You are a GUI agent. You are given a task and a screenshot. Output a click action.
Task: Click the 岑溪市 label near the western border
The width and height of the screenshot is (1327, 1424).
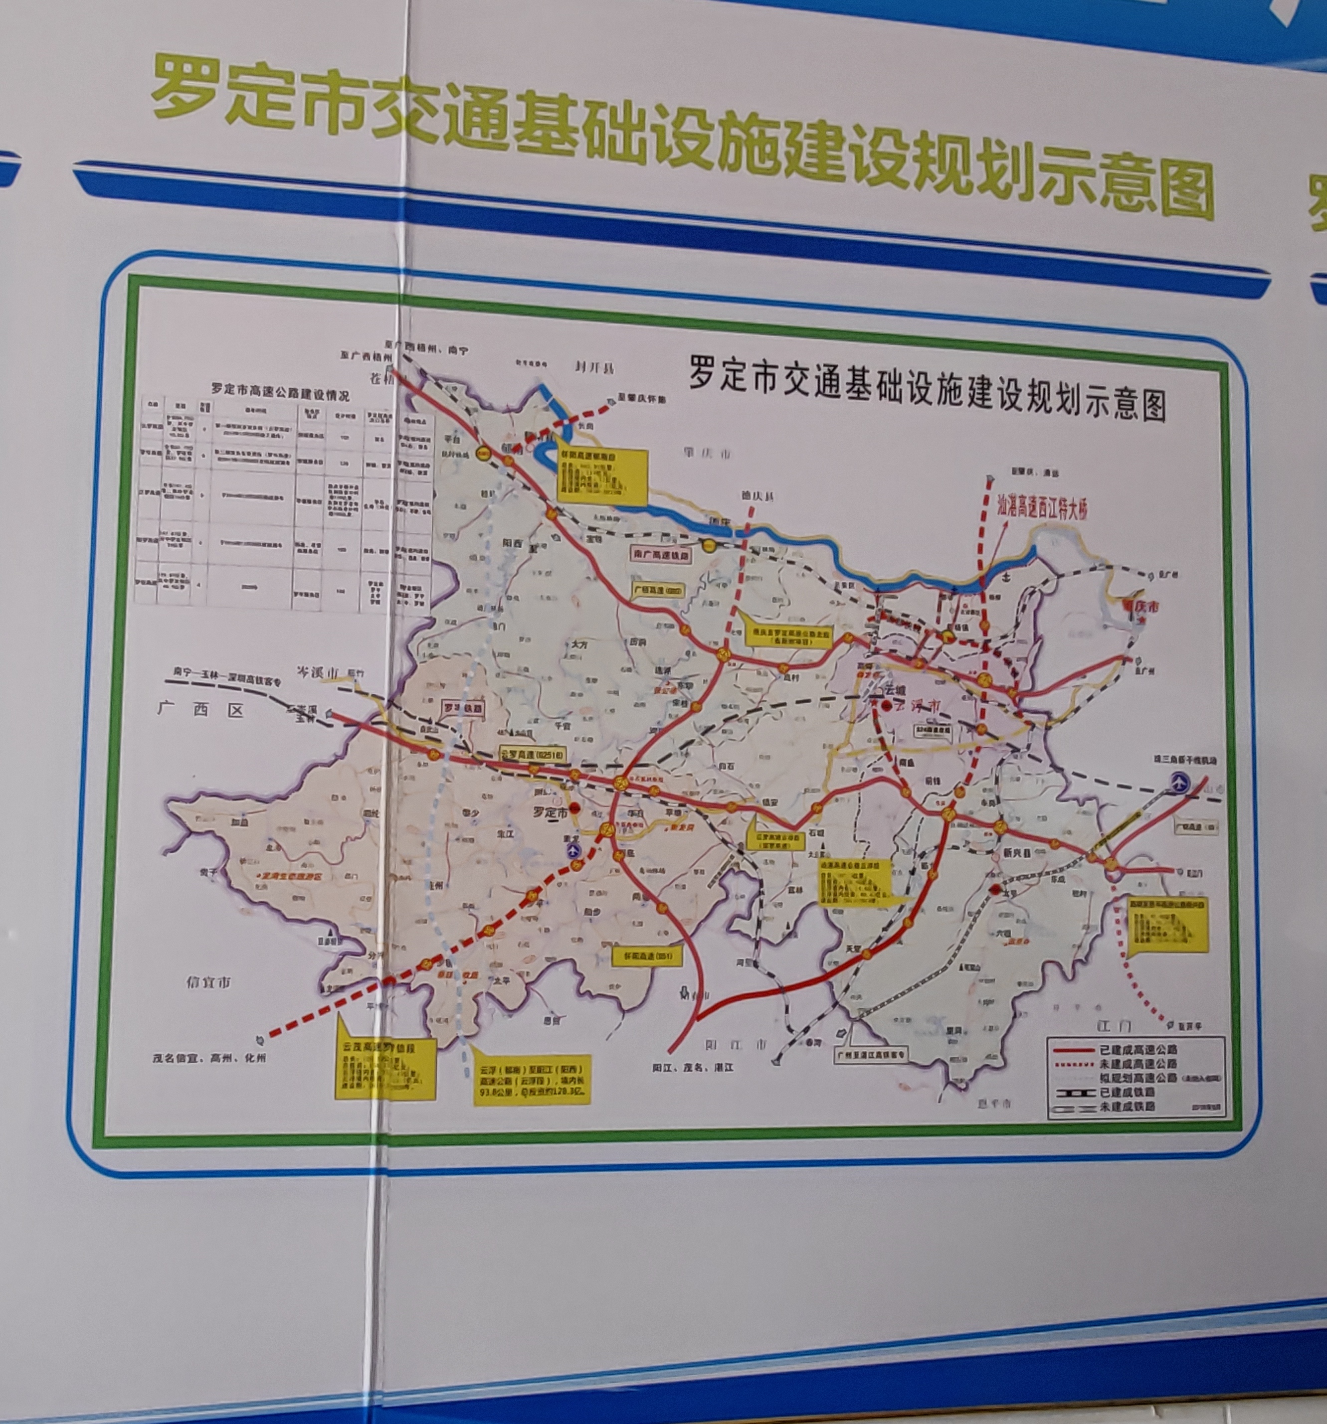[x=318, y=674]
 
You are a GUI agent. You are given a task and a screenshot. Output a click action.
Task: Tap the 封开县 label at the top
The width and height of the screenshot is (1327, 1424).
[x=595, y=368]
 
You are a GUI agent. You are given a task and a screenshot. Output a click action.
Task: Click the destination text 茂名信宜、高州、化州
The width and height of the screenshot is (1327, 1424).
[x=208, y=1057]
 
